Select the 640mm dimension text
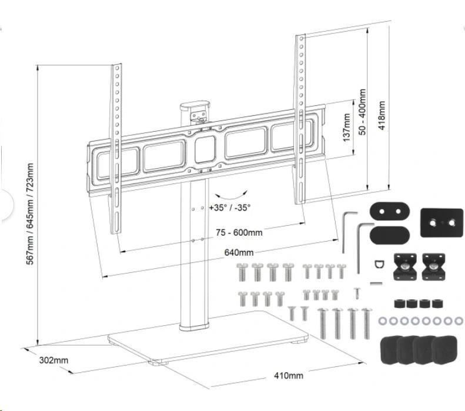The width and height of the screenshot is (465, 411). [239, 253]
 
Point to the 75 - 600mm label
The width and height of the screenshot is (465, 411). [239, 232]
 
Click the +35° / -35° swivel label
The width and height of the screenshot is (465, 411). [230, 207]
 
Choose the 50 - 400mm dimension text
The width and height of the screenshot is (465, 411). [362, 112]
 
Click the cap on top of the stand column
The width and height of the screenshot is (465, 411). [194, 109]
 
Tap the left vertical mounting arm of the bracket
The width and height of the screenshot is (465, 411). [116, 147]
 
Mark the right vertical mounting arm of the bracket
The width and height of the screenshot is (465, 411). [300, 118]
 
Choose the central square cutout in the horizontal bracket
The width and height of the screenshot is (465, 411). [205, 149]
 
